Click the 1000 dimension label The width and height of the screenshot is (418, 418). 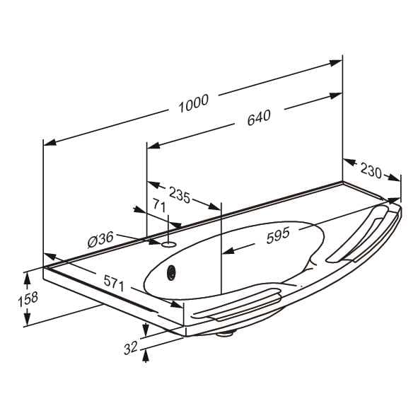[194, 103]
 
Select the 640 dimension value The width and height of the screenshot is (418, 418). [259, 117]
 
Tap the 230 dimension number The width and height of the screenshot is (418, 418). [371, 171]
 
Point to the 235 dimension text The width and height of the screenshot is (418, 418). [180, 195]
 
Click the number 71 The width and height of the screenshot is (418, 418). [159, 206]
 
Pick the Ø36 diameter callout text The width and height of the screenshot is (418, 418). [100, 240]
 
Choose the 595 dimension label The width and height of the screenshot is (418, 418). [278, 236]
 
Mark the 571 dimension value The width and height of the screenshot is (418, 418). [114, 284]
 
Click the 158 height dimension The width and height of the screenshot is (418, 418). [28, 299]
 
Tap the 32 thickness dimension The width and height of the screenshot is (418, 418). [131, 347]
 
